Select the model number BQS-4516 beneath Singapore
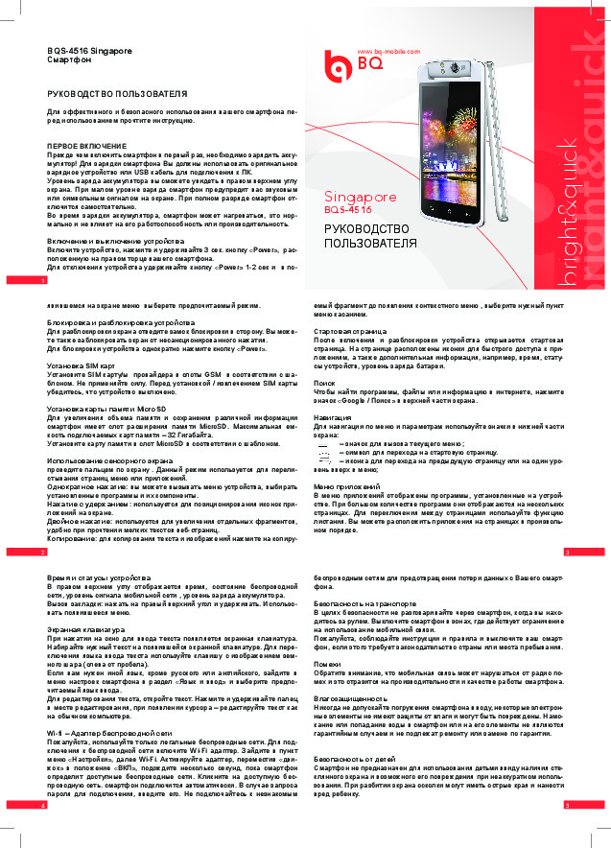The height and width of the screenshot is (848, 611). coord(347,208)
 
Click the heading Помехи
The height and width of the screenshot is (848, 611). coord(328,664)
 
